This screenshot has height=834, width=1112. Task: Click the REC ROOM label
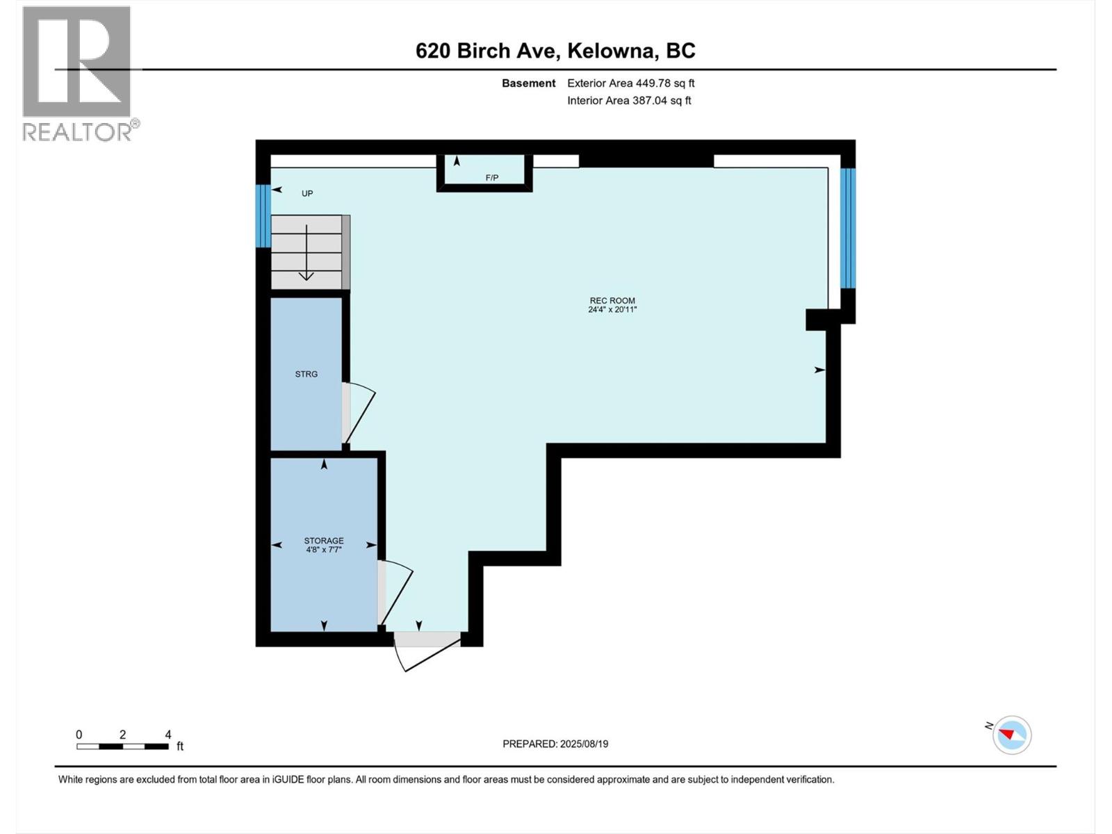pyautogui.click(x=612, y=305)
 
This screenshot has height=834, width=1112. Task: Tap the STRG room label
pyautogui.click(x=306, y=374)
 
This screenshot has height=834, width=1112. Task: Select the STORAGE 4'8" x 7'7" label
pyautogui.click(x=324, y=545)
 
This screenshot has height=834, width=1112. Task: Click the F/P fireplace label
pyautogui.click(x=492, y=178)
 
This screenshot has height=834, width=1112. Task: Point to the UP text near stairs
pyautogui.click(x=307, y=193)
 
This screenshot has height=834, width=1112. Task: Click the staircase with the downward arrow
pyautogui.click(x=306, y=252)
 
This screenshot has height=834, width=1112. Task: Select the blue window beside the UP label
pyautogui.click(x=263, y=215)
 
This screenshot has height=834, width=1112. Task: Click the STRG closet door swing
pyautogui.click(x=358, y=413)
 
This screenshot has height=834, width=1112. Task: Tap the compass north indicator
pyautogui.click(x=1011, y=735)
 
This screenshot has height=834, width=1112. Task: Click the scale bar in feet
pyautogui.click(x=123, y=746)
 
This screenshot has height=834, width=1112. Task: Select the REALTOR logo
pyautogui.click(x=77, y=74)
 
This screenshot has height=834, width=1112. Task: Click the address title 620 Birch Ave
pyautogui.click(x=555, y=51)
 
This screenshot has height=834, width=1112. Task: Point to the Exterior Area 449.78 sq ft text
pyautogui.click(x=630, y=83)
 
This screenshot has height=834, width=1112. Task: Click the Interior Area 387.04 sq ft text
pyautogui.click(x=629, y=100)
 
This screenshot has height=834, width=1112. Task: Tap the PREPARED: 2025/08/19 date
pyautogui.click(x=555, y=744)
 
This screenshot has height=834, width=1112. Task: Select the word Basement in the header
pyautogui.click(x=528, y=83)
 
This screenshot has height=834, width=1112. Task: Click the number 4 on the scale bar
pyautogui.click(x=168, y=735)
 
